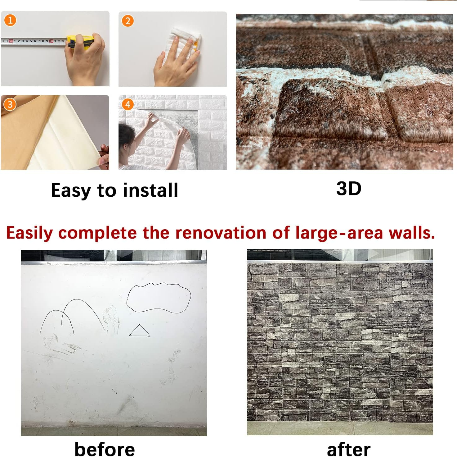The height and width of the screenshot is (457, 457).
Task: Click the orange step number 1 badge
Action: click(10, 21)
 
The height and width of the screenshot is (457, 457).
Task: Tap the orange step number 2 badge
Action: click(128, 21)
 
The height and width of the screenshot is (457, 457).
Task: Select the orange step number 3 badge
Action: click(10, 104)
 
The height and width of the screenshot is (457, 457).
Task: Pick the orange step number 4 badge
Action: click(128, 104)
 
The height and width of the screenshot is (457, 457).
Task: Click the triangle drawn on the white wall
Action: click(139, 331)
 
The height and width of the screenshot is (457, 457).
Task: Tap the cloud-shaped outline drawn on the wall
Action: click(159, 297)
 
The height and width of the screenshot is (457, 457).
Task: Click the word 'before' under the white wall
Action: click(105, 449)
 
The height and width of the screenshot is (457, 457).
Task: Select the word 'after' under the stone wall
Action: click(348, 450)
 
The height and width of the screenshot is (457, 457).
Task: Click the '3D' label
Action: click(349, 189)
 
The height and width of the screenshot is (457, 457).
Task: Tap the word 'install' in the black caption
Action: click(150, 190)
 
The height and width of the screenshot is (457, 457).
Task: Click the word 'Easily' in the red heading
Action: click(29, 233)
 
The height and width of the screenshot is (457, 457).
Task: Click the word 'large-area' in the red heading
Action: click(339, 233)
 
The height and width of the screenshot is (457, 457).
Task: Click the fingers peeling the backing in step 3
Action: click(104, 155)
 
